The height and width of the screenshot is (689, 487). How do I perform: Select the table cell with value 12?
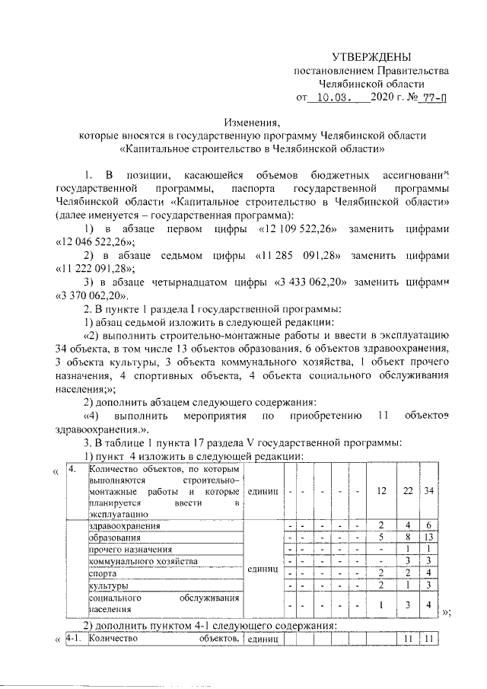381,491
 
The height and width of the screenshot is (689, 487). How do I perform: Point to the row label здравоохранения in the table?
125,526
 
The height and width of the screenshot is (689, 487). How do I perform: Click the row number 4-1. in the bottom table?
75,639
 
